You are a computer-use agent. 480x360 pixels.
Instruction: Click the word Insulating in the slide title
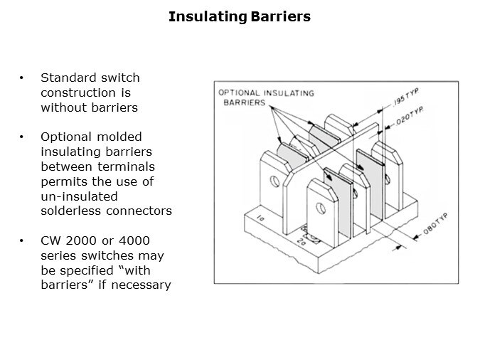tap(208, 17)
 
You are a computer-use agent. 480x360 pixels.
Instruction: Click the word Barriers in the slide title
tap(280, 16)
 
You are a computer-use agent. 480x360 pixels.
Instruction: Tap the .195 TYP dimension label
tap(406, 97)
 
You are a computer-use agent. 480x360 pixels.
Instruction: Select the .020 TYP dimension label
tap(410, 115)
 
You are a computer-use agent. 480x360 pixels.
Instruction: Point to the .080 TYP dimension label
tap(436, 224)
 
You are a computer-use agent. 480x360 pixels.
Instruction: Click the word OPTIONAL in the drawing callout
tap(239, 92)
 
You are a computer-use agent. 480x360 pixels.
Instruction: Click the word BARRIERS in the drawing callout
tap(245, 102)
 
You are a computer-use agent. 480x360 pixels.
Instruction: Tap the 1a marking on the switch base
tap(260, 218)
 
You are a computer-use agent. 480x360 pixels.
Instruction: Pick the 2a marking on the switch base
tap(302, 242)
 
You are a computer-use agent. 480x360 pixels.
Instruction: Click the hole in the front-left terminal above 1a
tap(275, 181)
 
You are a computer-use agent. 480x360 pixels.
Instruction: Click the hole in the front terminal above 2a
tap(321, 208)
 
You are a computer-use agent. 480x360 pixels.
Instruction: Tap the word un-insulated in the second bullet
tap(79, 196)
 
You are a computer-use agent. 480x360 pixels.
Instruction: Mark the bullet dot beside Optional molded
tap(21, 137)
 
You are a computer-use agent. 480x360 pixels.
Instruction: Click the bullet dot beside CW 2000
tap(21, 240)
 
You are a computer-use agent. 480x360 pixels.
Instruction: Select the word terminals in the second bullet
tap(126, 167)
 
